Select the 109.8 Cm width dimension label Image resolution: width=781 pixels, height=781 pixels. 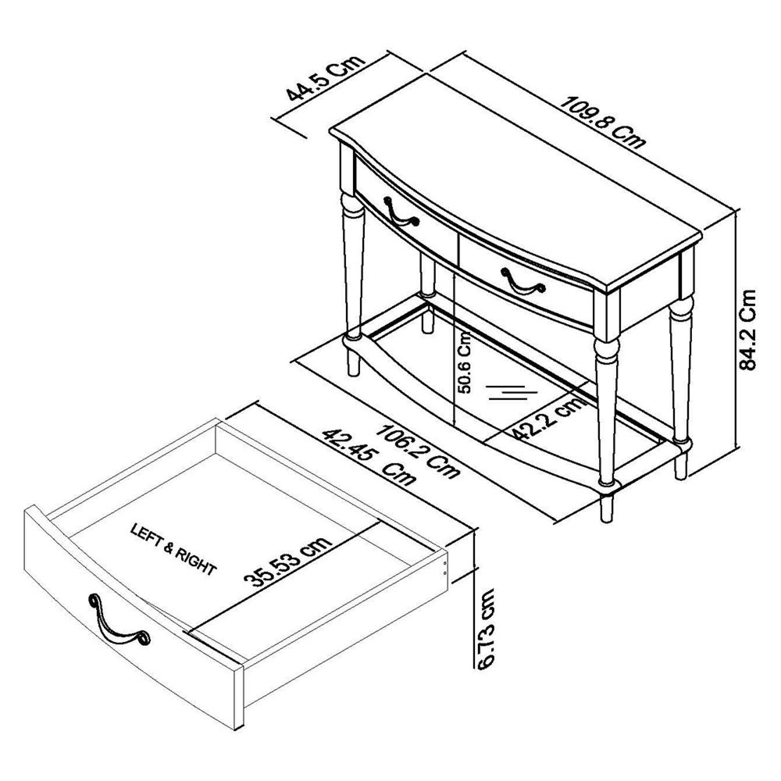tap(603, 123)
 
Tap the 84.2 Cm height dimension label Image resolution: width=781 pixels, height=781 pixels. tap(747, 330)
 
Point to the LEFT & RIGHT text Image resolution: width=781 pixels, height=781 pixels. tap(174, 549)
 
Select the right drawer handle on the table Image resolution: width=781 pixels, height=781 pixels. tap(522, 282)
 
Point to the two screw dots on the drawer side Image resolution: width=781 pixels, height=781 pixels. tap(445, 567)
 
